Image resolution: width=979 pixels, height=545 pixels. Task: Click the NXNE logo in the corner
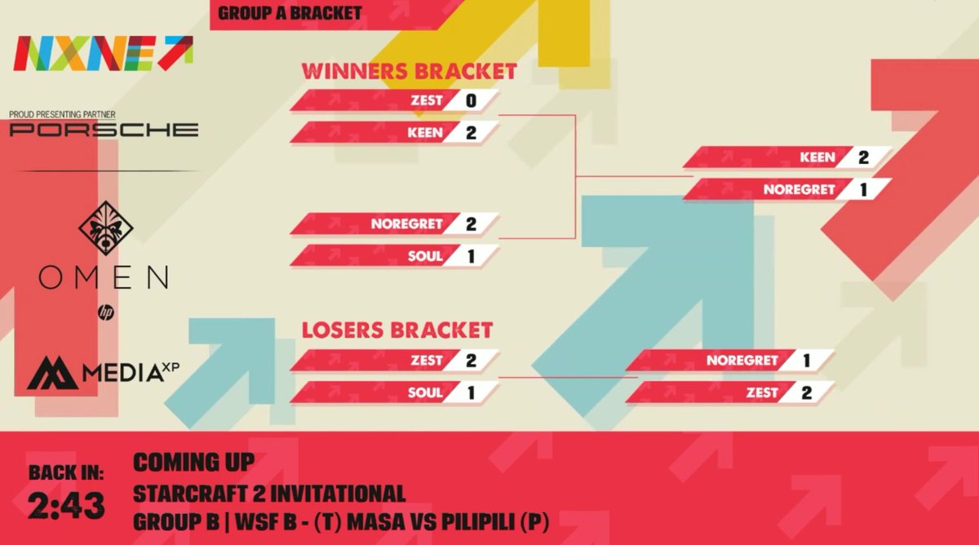click(104, 53)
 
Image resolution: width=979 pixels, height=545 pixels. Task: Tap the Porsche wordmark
click(104, 129)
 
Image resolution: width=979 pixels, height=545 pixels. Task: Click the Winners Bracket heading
click(409, 72)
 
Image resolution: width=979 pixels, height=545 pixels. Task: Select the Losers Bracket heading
click(397, 330)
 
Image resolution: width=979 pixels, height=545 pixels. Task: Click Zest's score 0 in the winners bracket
click(470, 100)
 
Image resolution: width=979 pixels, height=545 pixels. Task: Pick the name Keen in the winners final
click(818, 157)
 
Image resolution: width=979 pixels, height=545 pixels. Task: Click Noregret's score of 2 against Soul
click(470, 223)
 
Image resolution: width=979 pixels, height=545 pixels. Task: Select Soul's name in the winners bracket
click(425, 256)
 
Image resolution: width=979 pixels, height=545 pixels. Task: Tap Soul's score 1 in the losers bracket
click(470, 392)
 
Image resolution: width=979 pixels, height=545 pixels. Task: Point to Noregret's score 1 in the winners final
click(863, 189)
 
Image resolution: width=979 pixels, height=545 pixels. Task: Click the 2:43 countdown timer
click(67, 506)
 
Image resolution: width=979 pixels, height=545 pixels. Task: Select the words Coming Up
click(193, 462)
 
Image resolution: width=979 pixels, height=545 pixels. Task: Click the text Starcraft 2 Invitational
click(269, 493)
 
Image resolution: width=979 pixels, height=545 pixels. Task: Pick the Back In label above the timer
click(67, 472)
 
